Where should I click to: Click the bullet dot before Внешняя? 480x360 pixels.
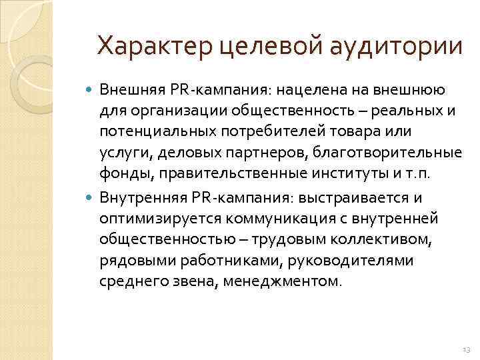pyautogui.click(x=91, y=89)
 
